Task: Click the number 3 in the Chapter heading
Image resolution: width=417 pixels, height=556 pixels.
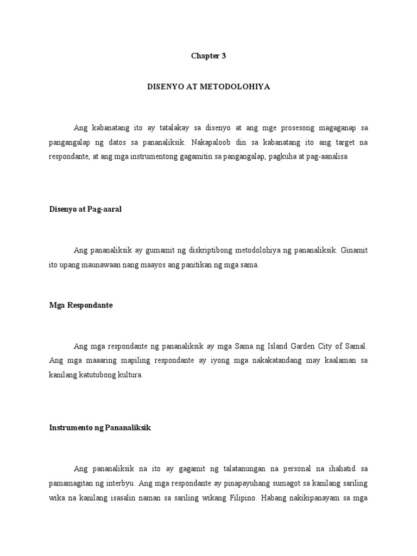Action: (x=223, y=56)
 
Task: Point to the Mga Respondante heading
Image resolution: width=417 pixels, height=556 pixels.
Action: (x=81, y=305)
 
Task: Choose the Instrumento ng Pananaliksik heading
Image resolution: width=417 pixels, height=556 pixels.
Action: (x=100, y=428)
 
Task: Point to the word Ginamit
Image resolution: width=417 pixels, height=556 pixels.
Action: (x=355, y=250)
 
